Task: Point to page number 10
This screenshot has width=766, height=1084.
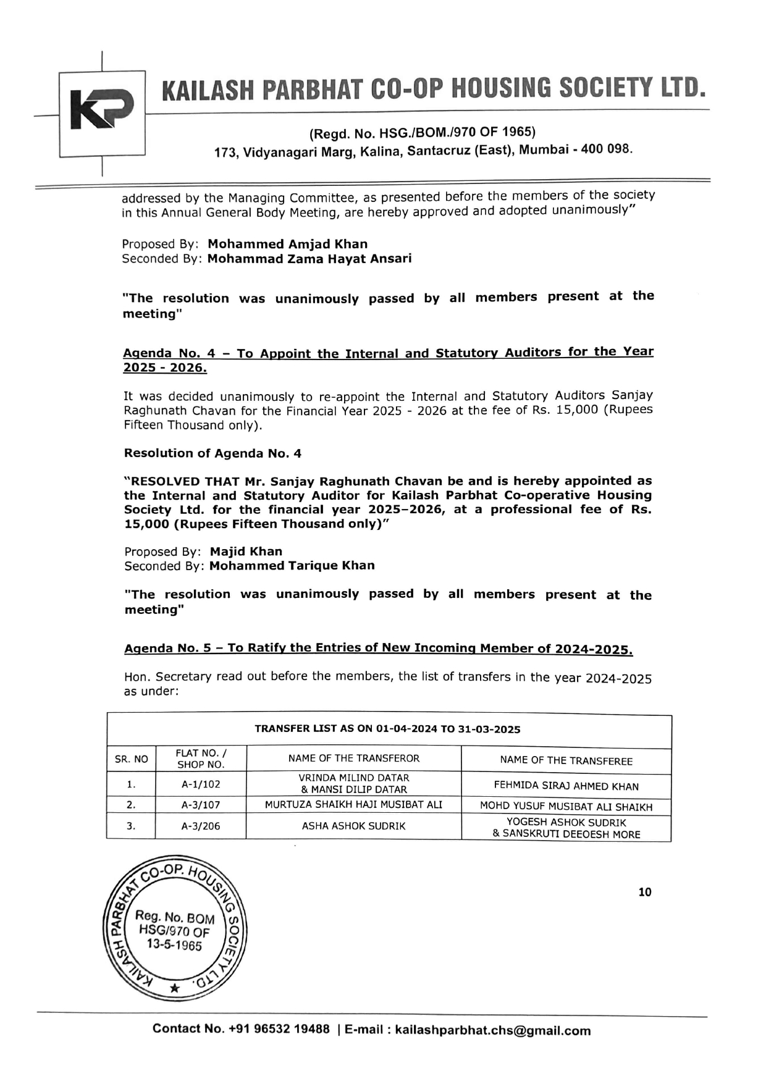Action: click(x=644, y=892)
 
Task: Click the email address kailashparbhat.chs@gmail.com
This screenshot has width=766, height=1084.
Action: click(x=492, y=1030)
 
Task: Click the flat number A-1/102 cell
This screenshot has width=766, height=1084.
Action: click(x=200, y=784)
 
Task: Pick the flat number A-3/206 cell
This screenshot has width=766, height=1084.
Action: click(x=200, y=826)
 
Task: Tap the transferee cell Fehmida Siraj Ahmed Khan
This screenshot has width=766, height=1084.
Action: click(x=566, y=786)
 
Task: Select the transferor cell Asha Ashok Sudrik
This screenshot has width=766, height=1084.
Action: click(x=353, y=826)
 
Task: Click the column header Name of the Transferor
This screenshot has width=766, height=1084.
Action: click(x=353, y=758)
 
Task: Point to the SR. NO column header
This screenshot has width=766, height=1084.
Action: click(x=131, y=759)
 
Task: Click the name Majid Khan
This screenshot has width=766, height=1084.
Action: click(x=246, y=552)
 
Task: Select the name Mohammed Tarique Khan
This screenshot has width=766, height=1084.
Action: click(x=292, y=566)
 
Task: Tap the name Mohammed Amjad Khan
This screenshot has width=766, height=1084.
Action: click(x=287, y=244)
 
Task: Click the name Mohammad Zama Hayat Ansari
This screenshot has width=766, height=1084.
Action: click(x=309, y=259)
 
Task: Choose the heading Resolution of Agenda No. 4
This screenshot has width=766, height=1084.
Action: click(x=213, y=453)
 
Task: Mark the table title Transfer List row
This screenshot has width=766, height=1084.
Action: click(x=388, y=729)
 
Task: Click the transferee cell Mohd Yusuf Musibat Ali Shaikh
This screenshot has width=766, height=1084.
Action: click(x=566, y=806)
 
